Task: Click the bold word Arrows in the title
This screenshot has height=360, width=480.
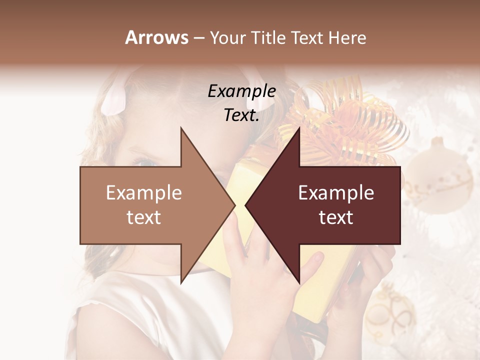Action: coord(156,37)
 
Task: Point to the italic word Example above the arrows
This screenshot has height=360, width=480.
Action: coord(241,91)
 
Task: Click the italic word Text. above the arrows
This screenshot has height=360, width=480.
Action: coord(241,115)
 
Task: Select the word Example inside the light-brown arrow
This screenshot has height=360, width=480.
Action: coord(144,192)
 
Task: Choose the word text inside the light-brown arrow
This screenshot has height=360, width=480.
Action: coord(144,217)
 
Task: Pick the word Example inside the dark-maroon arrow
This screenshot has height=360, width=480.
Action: coord(336,192)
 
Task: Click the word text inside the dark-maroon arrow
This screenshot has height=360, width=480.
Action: coord(336,217)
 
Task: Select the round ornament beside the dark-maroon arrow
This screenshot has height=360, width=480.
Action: coord(440,175)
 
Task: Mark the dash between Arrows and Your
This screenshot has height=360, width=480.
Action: coord(198,38)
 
